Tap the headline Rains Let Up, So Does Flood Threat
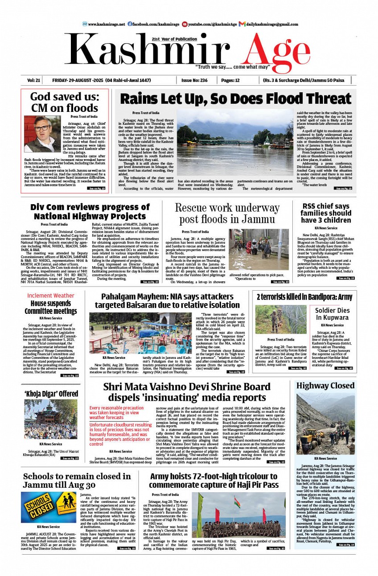pyautogui.click(x=235, y=99)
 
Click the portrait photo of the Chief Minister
pyautogui.click(x=42, y=134)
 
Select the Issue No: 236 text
pyautogui.click(x=194, y=81)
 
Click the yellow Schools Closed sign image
pyautogui.click(x=49, y=507)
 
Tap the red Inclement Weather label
pyautogui.click(x=51, y=296)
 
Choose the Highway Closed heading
pyautogui.click(x=325, y=386)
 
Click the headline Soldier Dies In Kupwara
pyautogui.click(x=332, y=314)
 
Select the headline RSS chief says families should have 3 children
pyautogui.click(x=326, y=213)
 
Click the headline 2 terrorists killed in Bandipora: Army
pyautogui.click(x=298, y=297)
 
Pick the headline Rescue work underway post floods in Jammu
pyautogui.click(x=227, y=213)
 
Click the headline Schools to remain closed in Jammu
pyautogui.click(x=77, y=481)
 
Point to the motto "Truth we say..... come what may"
pyautogui.click(x=232, y=67)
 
